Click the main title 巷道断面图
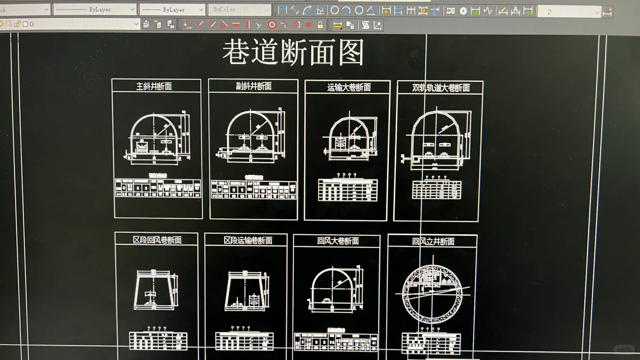tap(293, 52)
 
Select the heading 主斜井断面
tap(154, 86)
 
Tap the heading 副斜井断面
tap(254, 86)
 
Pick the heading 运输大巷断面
tap(349, 87)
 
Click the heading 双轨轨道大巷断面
tap(441, 88)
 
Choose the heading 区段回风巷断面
tap(157, 240)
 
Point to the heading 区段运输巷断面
tap(248, 240)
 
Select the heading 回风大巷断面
tap(338, 241)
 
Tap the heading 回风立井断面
tap(433, 241)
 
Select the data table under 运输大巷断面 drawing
tap(348, 190)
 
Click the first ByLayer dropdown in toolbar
tap(95, 10)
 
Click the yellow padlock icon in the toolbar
tap(320, 25)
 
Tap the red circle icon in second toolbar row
tap(272, 25)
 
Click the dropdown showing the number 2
tap(570, 12)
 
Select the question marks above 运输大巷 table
tap(347, 175)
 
